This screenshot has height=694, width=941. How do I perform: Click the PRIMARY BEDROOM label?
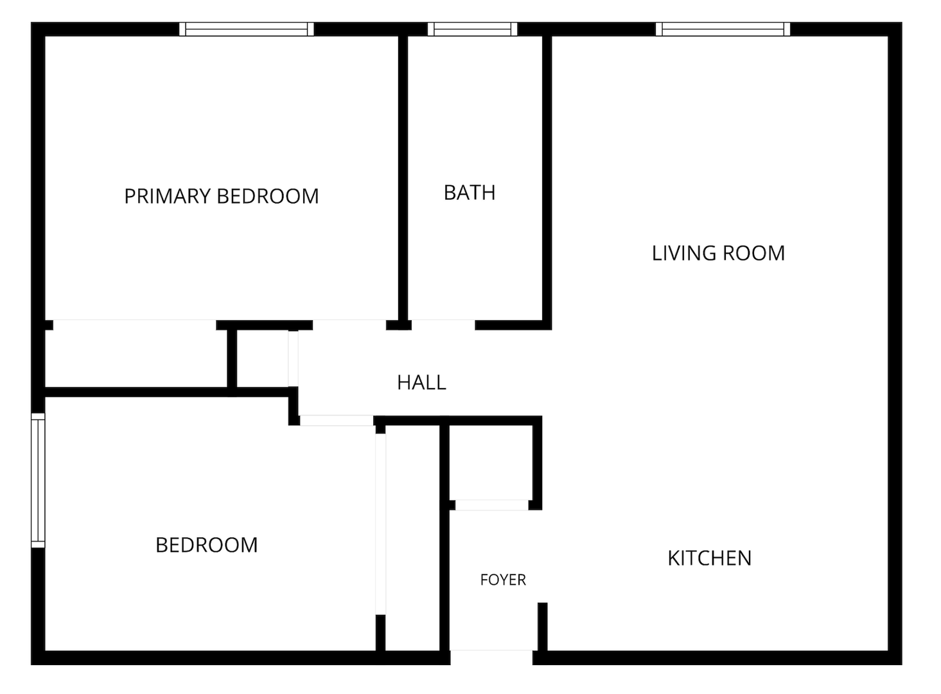[x=222, y=196]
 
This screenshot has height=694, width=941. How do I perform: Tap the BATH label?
[x=470, y=193]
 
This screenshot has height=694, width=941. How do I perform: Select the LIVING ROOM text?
[x=718, y=253]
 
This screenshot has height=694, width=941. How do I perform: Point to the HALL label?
[x=421, y=382]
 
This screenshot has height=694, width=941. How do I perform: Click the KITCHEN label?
[x=710, y=558]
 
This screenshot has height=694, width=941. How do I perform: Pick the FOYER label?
[x=503, y=580]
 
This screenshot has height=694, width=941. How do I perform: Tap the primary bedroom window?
[x=247, y=29]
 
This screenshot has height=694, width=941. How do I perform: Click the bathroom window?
[x=473, y=29]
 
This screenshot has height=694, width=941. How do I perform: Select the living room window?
[x=723, y=29]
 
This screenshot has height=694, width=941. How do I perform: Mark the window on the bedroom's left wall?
[x=38, y=481]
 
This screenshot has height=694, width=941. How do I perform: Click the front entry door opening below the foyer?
[x=491, y=657]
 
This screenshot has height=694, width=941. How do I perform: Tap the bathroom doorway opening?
[x=443, y=325]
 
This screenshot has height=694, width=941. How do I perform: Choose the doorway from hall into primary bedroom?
[x=349, y=325]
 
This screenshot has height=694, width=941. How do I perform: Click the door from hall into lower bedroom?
[x=337, y=420]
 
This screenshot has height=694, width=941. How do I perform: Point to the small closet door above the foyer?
[x=492, y=505]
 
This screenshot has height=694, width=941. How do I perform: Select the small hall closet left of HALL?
[x=262, y=359]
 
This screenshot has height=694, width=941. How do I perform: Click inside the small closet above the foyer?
[x=491, y=463]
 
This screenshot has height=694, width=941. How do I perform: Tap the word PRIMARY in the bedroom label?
[x=167, y=196]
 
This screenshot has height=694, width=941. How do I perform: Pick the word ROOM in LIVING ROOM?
[x=754, y=253]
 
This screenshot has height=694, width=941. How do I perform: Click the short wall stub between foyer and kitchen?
[x=543, y=627]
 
